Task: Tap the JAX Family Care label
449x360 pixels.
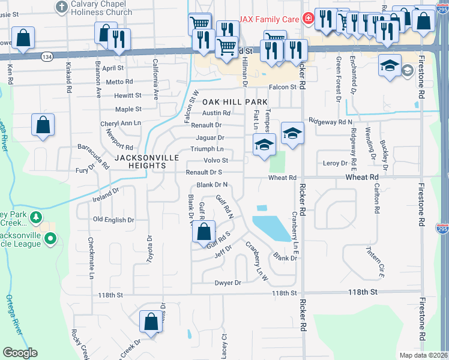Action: click(269, 19)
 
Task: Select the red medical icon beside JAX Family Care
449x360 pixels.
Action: click(308, 19)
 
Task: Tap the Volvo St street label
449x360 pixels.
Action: click(217, 160)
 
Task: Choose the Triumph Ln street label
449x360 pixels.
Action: click(207, 149)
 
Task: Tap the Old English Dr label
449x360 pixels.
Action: click(113, 220)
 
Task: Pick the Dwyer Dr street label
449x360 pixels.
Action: click(228, 283)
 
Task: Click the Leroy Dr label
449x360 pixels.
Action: click(336, 163)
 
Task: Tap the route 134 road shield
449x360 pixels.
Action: click(46, 56)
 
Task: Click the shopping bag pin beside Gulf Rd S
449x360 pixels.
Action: click(204, 232)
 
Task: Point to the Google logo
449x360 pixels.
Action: click(20, 353)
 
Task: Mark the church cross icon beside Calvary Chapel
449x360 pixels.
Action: click(61, 7)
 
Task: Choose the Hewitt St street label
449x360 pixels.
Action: click(128, 95)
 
